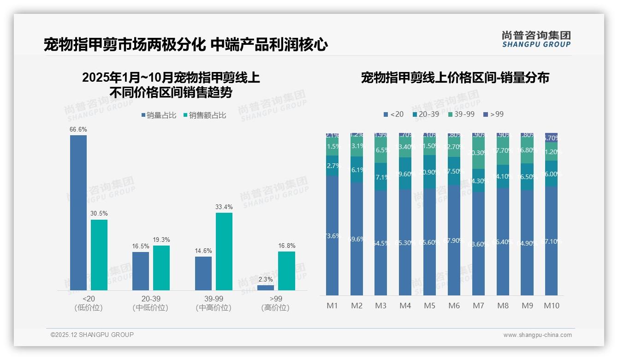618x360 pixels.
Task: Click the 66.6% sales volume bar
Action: click(78, 213)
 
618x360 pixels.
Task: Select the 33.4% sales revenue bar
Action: click(224, 252)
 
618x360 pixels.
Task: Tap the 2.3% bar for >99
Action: click(265, 288)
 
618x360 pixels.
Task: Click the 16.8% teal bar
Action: click(286, 271)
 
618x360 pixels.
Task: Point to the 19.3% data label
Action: click(161, 240)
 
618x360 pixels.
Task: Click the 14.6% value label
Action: click(203, 251)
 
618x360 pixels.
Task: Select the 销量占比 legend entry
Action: click(159, 115)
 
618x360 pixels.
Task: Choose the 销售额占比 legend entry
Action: click(205, 115)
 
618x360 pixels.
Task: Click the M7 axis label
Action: click(478, 306)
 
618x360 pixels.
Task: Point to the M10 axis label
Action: click(551, 306)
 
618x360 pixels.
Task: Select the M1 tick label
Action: click(333, 306)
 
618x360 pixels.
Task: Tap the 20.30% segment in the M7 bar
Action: click(478, 153)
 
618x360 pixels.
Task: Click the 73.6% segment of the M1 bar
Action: click(333, 235)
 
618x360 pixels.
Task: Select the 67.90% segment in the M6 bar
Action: click(454, 240)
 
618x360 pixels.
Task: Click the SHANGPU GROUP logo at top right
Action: click(536, 39)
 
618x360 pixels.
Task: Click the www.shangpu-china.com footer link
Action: click(537, 335)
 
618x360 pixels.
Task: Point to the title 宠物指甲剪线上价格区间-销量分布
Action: click(455, 78)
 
